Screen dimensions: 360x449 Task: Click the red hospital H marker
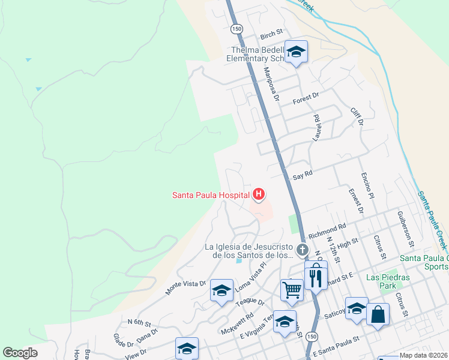pyautogui.click(x=259, y=194)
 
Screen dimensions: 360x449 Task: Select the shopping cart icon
pyautogui.click(x=292, y=290)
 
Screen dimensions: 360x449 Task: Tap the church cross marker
pyautogui.click(x=303, y=250)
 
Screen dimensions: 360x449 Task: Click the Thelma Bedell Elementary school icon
pyautogui.click(x=296, y=52)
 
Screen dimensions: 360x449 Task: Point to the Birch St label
pyautogui.click(x=271, y=36)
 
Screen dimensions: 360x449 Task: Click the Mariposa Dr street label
pyautogui.click(x=273, y=84)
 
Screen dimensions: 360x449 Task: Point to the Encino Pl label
pyautogui.click(x=367, y=187)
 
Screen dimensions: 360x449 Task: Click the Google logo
pyautogui.click(x=20, y=352)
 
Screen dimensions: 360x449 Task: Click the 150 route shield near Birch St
pyautogui.click(x=237, y=29)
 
